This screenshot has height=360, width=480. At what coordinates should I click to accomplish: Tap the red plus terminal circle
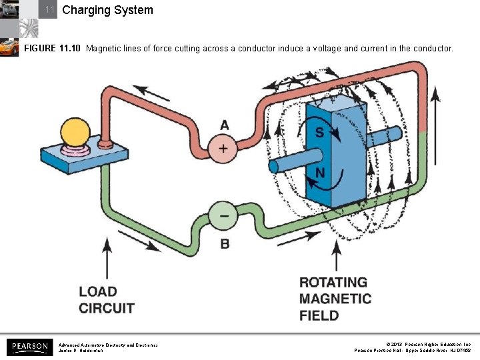(x=223, y=148)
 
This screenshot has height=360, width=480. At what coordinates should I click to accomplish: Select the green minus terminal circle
(x=223, y=215)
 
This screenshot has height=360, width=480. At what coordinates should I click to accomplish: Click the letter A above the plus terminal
(x=224, y=125)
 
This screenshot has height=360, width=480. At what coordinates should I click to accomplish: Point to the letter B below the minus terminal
(x=225, y=244)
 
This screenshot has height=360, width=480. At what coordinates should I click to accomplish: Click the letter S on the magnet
(x=319, y=133)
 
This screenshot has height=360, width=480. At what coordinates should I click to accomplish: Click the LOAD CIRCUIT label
(x=107, y=300)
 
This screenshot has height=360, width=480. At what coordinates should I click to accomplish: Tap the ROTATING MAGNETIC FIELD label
(x=335, y=299)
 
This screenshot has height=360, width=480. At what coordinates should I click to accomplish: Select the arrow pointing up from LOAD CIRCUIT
(x=107, y=260)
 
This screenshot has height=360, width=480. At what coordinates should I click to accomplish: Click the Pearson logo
(x=28, y=347)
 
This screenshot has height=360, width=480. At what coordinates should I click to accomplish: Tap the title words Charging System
(x=107, y=10)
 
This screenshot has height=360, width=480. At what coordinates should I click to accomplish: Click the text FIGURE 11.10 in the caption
(x=53, y=49)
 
